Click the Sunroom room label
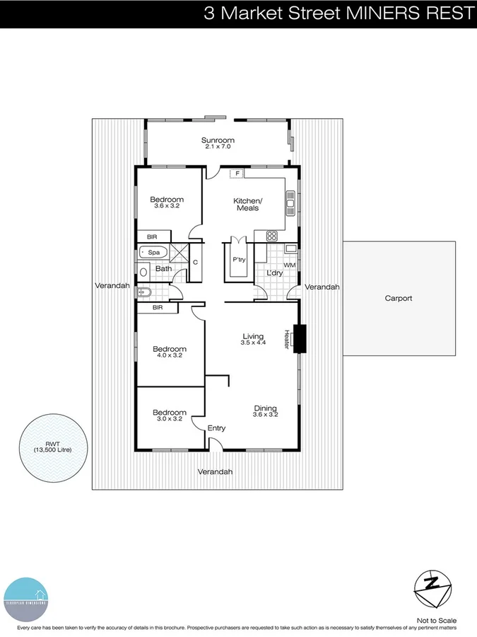click(x=218, y=141)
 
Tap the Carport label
click(x=398, y=299)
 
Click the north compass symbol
click(x=432, y=587)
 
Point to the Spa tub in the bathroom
click(x=151, y=252)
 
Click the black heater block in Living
click(x=300, y=338)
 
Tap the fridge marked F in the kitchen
click(x=238, y=173)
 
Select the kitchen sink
click(x=290, y=202)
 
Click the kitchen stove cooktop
click(x=271, y=236)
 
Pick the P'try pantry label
click(x=239, y=260)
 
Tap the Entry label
click(x=216, y=428)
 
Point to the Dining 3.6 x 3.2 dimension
click(x=266, y=416)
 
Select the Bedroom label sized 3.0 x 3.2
click(x=170, y=413)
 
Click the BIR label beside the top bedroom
click(x=153, y=236)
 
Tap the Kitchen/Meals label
click(x=247, y=205)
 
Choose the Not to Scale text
click(x=437, y=619)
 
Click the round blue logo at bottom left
click(x=26, y=598)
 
